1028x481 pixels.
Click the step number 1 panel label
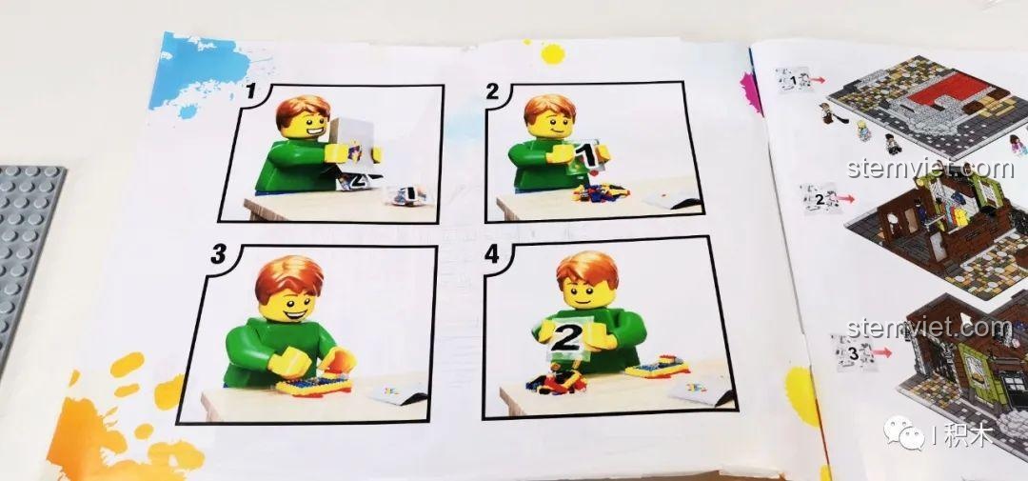(x=249, y=91)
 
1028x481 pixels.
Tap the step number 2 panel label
(x=492, y=91)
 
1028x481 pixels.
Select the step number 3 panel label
(x=218, y=254)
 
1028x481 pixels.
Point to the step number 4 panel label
(x=492, y=254)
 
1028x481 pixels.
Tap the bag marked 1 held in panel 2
(x=586, y=155)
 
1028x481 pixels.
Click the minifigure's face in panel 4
(x=586, y=292)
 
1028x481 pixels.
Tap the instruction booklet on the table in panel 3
(x=398, y=392)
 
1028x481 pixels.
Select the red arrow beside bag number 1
(x=818, y=80)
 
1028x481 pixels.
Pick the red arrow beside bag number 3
(x=881, y=352)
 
